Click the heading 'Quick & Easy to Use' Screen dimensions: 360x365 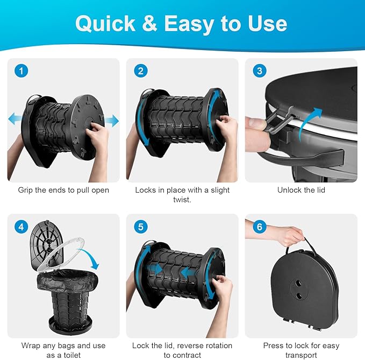181,23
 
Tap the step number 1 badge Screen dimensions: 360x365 22,71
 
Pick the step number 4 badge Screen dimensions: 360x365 22,227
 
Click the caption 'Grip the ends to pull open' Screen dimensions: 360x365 64,190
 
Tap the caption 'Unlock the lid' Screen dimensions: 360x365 301,190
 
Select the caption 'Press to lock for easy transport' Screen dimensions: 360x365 301,350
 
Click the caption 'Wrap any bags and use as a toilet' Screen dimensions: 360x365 64,350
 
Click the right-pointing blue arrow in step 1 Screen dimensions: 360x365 111,121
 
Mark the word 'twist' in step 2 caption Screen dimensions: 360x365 182,200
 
